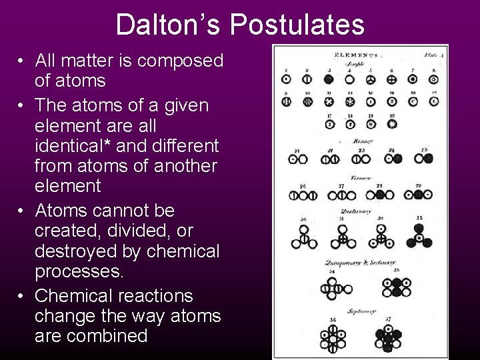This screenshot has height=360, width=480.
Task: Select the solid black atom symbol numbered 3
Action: click(329, 78)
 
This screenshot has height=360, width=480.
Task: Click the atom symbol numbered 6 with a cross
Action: click(392, 79)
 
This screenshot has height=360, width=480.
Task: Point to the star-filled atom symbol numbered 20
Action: click(392, 124)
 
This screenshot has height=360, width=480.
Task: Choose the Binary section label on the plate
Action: click(364, 141)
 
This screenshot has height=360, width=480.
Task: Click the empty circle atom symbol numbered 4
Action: click(350, 79)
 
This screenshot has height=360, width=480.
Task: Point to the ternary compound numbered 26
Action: click(303, 195)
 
